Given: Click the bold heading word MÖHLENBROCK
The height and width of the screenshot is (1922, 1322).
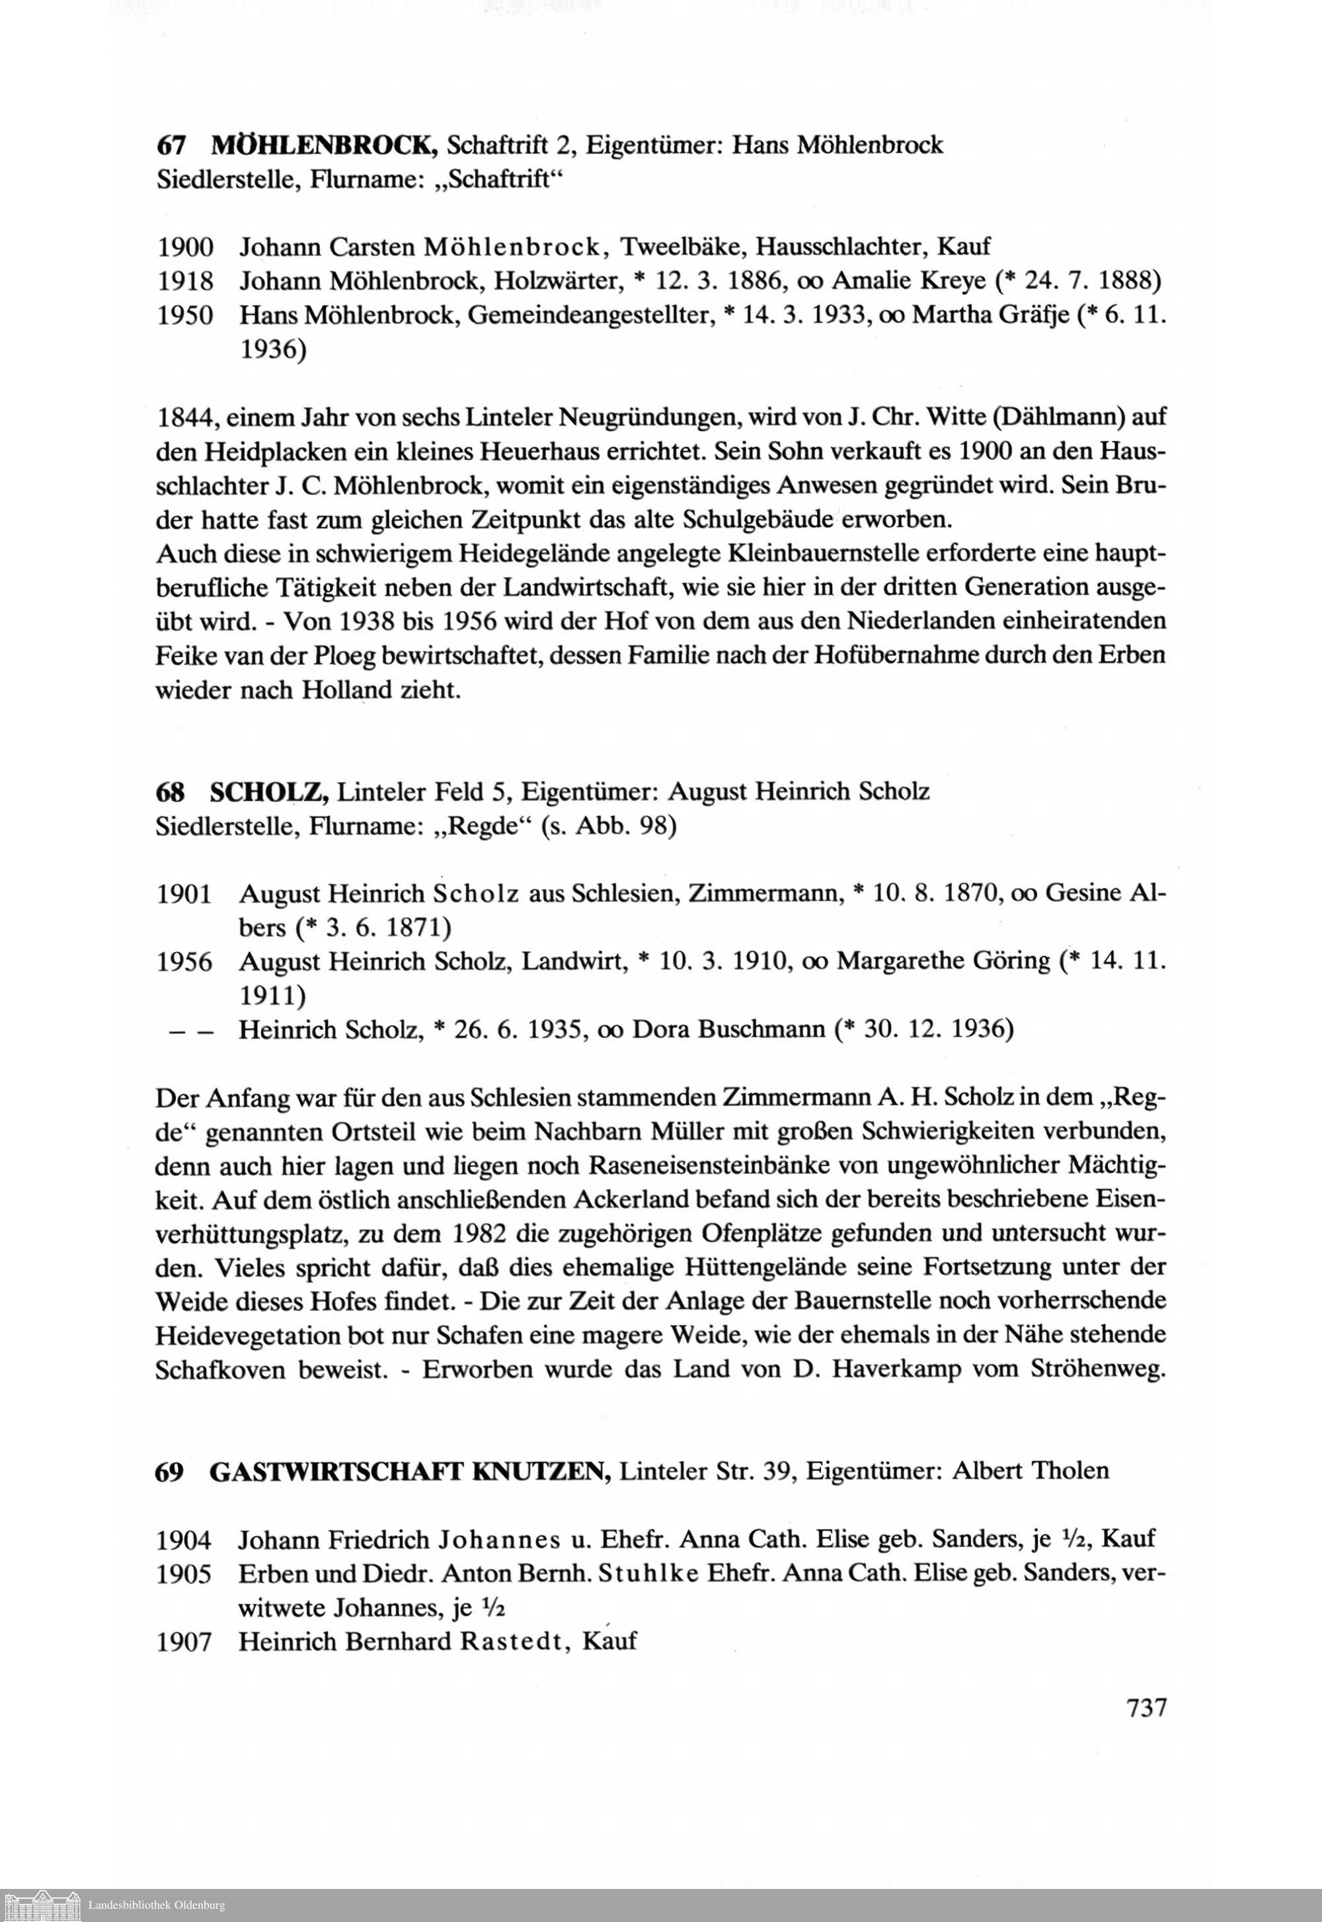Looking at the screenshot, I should coord(324,146).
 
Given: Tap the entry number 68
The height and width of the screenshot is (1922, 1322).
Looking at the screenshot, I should coord(169,792).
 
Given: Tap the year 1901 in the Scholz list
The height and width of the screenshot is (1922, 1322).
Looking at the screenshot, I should coord(184,894).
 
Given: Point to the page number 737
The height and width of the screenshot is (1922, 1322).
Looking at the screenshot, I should coord(1146,1708).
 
